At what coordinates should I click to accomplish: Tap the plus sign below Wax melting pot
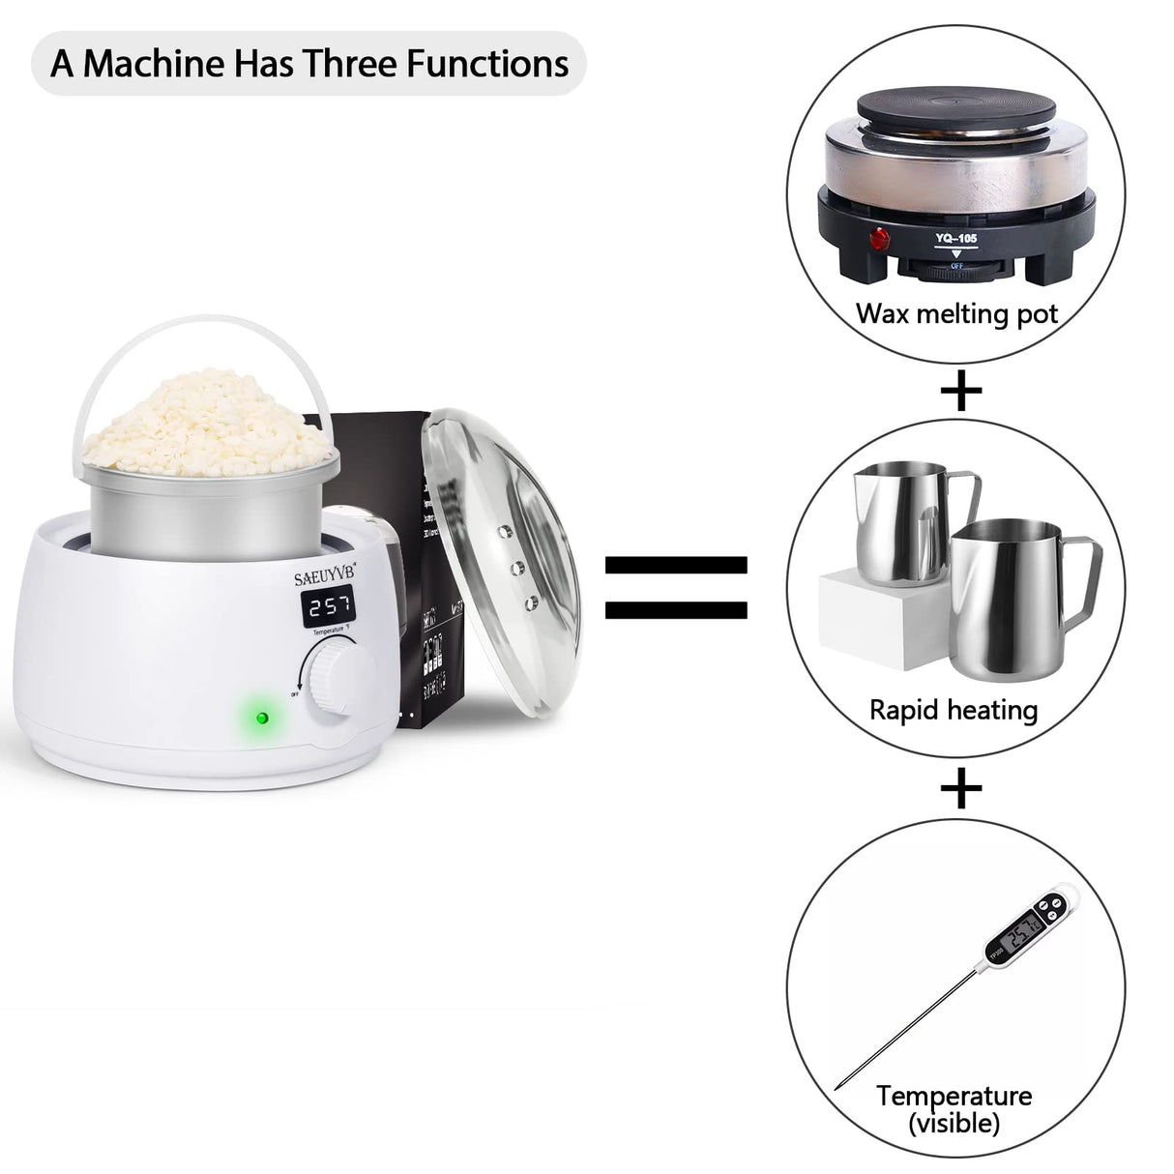click(960, 391)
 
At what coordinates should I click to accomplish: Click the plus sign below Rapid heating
click(960, 790)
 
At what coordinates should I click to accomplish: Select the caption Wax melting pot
click(956, 313)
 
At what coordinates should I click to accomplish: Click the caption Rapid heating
click(953, 710)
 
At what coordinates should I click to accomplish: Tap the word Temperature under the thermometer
click(954, 1096)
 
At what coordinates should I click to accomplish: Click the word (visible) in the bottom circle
click(954, 1123)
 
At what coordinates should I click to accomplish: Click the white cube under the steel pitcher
click(866, 619)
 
